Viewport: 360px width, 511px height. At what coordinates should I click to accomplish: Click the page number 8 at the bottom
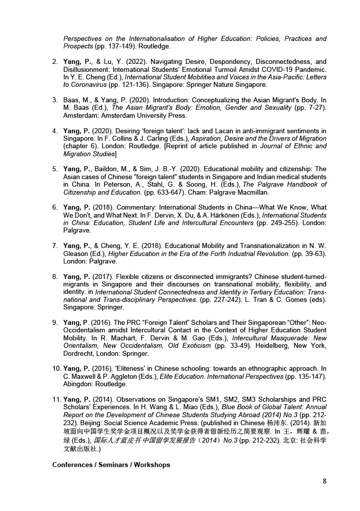point(325,482)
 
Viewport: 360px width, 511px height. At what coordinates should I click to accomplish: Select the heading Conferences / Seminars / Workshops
point(111,465)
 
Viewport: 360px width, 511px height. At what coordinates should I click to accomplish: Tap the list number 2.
point(55,62)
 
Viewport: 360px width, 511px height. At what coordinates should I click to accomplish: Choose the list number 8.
point(55,276)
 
